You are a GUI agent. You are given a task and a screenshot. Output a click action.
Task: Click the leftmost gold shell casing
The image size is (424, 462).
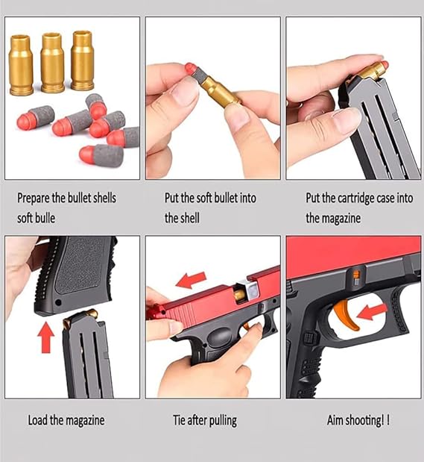click(21, 65)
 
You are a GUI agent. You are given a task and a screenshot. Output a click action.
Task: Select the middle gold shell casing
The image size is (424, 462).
click(52, 63)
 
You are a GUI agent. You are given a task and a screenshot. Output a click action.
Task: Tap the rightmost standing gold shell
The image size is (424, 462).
click(83, 60)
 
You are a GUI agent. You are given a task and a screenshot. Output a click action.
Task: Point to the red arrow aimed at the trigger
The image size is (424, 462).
click(372, 312)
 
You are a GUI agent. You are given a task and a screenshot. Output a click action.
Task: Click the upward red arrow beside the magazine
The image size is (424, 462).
click(46, 337)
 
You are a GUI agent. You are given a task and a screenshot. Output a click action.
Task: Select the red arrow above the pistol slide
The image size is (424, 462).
click(191, 280)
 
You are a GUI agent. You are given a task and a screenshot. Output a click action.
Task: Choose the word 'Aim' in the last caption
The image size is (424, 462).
click(335, 420)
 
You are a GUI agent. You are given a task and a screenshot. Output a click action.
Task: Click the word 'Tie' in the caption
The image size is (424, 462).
click(179, 420)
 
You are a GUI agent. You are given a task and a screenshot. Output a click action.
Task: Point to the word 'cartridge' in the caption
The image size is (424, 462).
click(355, 199)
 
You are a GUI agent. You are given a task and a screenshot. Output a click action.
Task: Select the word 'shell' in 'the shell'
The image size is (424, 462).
click(189, 218)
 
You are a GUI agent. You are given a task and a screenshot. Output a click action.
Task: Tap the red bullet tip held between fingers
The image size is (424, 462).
click(190, 68)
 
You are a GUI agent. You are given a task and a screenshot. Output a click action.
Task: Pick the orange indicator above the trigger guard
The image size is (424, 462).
click(355, 278)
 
